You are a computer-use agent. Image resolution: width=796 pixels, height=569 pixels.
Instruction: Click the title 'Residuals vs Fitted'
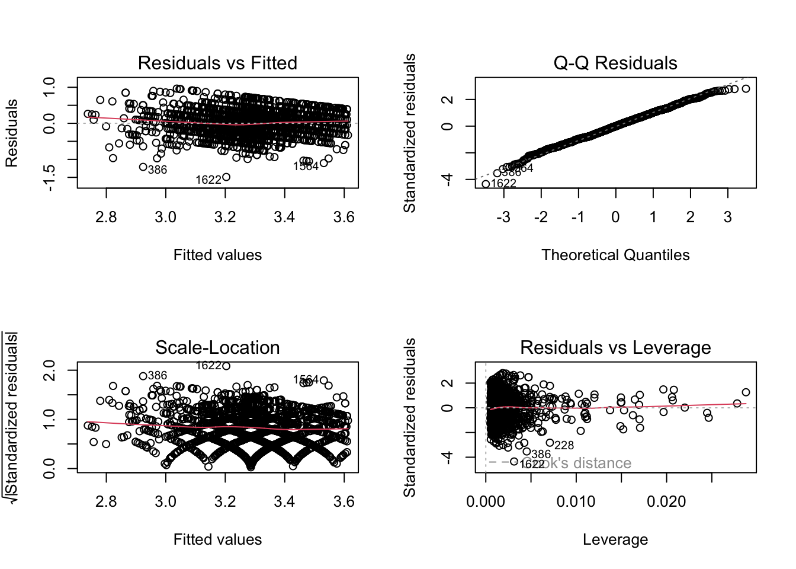(x=217, y=63)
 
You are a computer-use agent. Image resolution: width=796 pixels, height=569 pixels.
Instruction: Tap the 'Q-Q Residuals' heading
(x=615, y=63)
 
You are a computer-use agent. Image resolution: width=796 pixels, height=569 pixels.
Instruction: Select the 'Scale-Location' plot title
(x=217, y=347)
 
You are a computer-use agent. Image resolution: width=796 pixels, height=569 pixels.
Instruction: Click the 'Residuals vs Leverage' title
(x=615, y=347)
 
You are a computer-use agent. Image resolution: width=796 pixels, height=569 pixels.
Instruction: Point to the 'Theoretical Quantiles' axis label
(x=615, y=255)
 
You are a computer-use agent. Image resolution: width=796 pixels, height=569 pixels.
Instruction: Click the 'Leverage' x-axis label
(x=615, y=539)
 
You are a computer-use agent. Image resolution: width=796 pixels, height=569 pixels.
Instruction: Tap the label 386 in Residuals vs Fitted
(x=158, y=170)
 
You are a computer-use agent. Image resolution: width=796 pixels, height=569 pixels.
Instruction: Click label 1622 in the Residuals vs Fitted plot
(x=208, y=180)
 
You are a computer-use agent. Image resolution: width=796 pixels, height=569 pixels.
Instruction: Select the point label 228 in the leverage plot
(x=564, y=445)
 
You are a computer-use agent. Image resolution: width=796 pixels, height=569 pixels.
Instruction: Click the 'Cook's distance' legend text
(x=577, y=463)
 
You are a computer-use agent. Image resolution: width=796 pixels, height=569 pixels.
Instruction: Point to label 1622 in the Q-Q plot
(x=503, y=183)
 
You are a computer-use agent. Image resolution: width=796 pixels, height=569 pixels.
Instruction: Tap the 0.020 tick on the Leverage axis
(x=666, y=502)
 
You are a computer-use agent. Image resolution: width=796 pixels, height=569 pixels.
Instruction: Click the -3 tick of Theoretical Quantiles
(x=503, y=218)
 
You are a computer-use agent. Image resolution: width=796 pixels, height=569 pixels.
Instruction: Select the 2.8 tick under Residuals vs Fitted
(x=106, y=218)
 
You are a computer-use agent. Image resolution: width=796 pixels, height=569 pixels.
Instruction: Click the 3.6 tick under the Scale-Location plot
(x=344, y=502)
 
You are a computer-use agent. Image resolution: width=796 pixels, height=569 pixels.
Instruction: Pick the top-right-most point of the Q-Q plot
(x=746, y=89)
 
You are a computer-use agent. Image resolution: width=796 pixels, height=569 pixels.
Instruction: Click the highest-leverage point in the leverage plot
(x=746, y=392)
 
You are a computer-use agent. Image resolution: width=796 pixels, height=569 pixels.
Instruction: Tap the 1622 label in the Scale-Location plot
(x=208, y=366)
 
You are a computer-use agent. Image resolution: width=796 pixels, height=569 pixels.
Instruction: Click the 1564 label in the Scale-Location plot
(x=306, y=379)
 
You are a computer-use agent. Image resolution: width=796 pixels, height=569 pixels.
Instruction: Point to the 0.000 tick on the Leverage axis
(x=486, y=502)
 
